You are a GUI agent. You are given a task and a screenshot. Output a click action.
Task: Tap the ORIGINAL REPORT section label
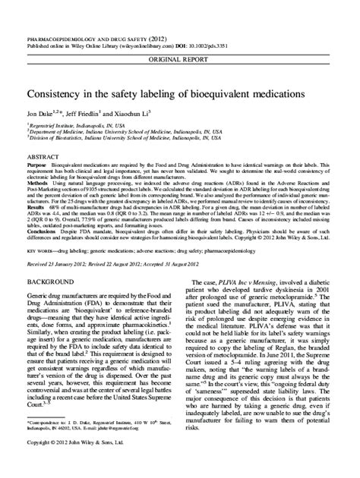click(x=180, y=37)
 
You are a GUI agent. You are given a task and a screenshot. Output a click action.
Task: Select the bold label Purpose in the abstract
click(x=38, y=163)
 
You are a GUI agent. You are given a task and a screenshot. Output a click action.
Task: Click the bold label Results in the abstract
click(x=37, y=206)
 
